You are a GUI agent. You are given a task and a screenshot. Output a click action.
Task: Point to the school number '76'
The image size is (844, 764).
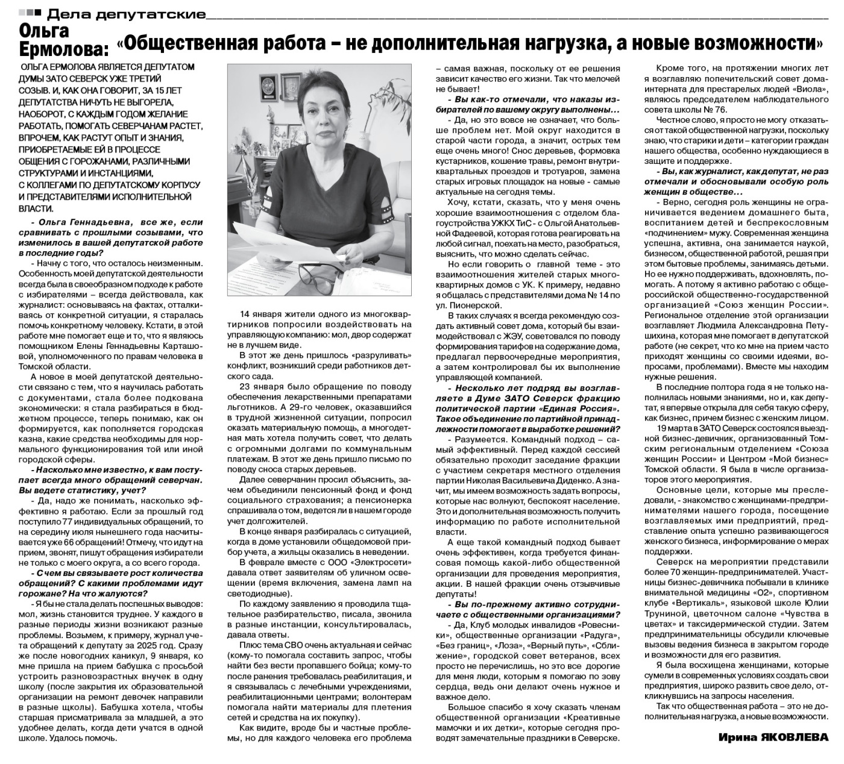720,110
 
